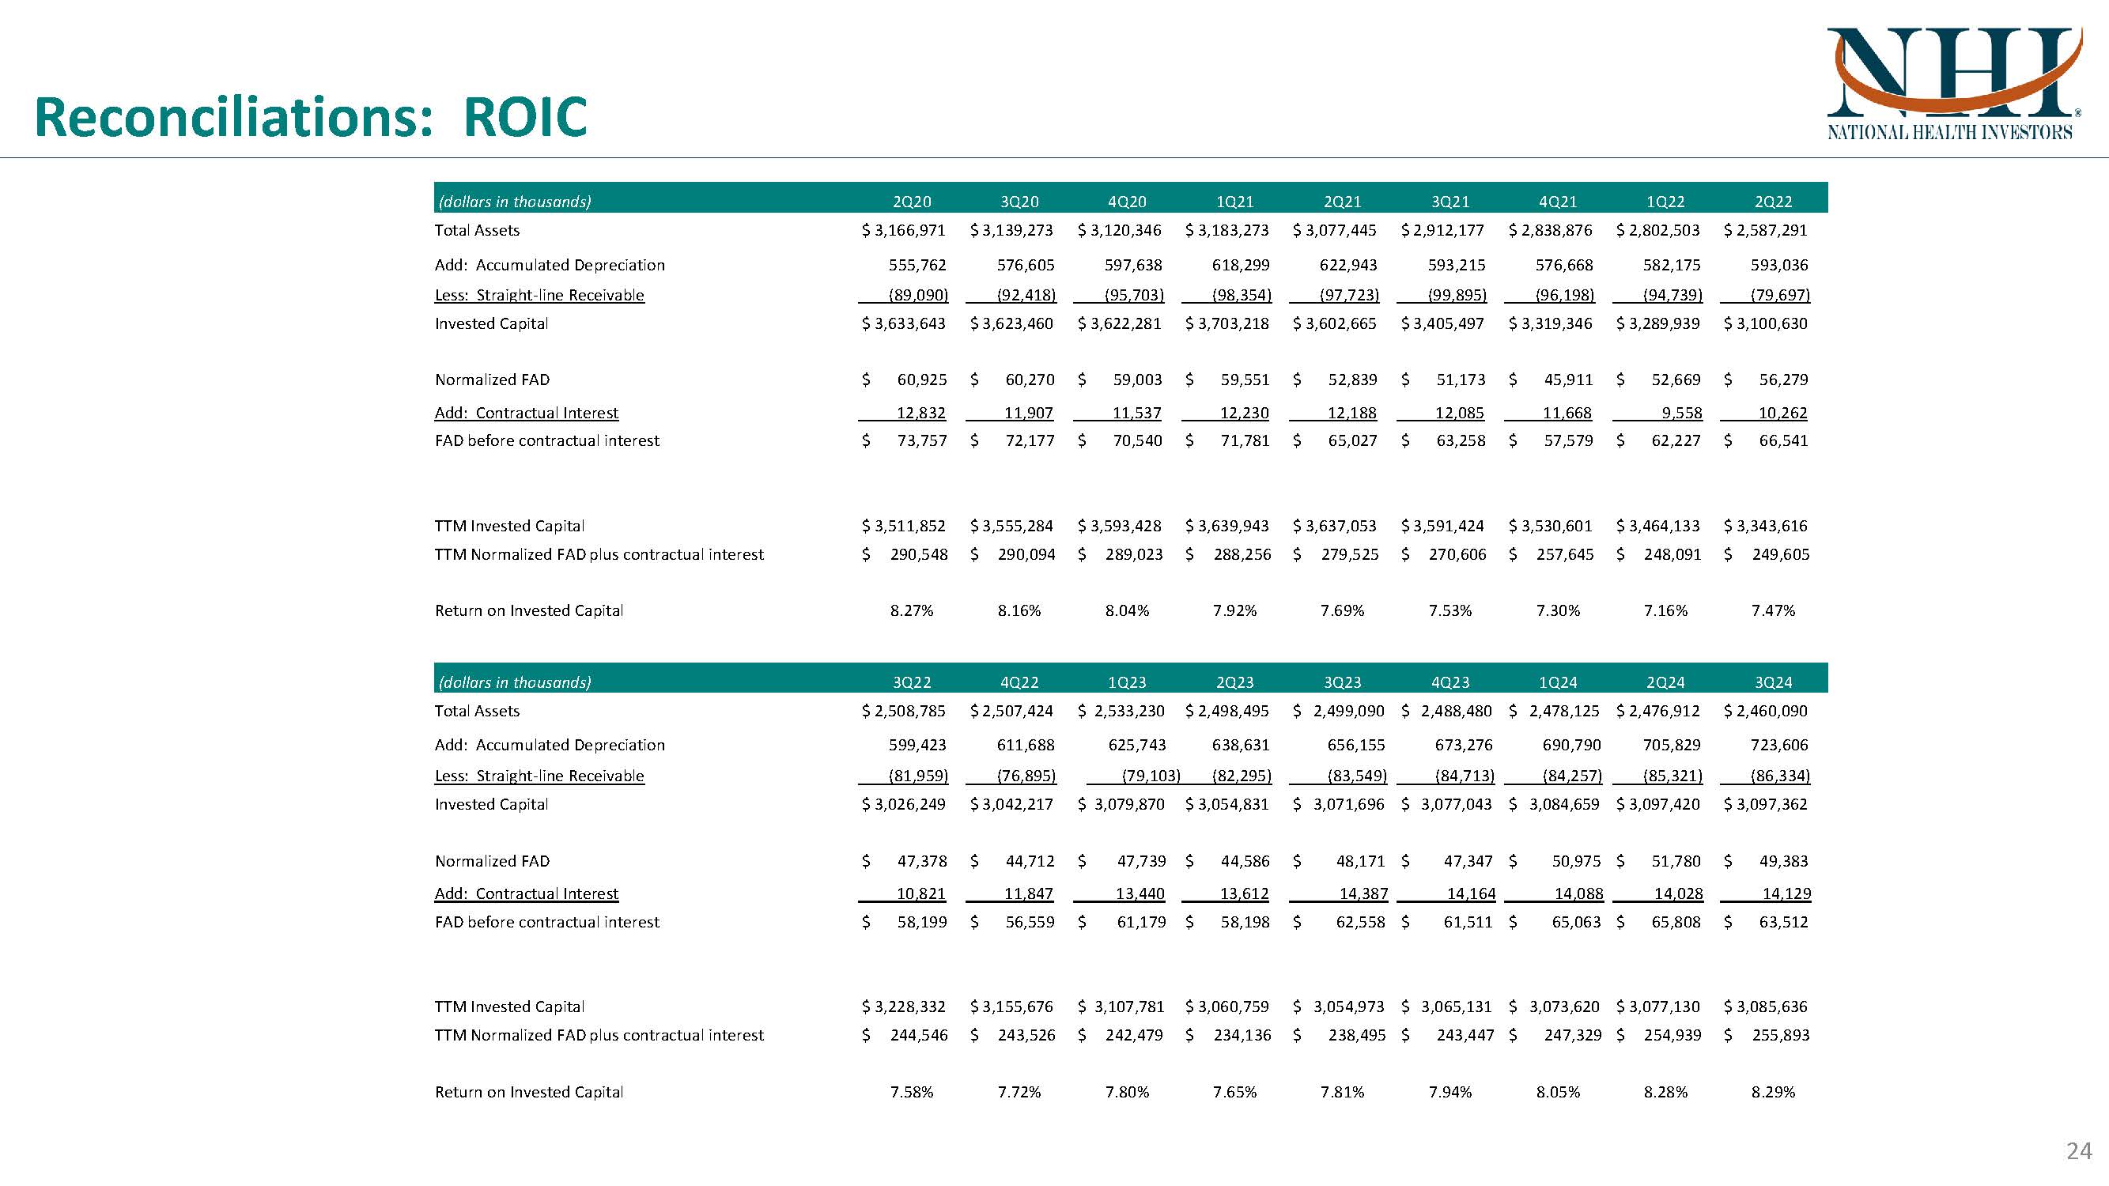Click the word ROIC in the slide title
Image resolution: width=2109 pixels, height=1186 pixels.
[525, 117]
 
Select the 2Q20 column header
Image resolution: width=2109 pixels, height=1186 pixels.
[911, 202]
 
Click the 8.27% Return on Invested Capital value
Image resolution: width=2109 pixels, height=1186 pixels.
[911, 610]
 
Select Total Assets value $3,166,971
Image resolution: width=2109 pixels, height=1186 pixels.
[904, 230]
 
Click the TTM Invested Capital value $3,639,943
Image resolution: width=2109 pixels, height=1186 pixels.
[1227, 526]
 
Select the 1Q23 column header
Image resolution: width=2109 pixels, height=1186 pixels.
[1127, 682]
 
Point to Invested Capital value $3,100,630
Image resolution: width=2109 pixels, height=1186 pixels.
[1766, 323]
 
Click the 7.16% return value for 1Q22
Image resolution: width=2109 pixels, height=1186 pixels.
[1665, 610]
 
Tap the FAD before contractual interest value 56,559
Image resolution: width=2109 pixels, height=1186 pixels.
[1029, 922]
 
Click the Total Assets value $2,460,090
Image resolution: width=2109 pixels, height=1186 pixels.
[1766, 711]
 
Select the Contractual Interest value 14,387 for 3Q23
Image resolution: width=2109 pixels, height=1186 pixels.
[1363, 893]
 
